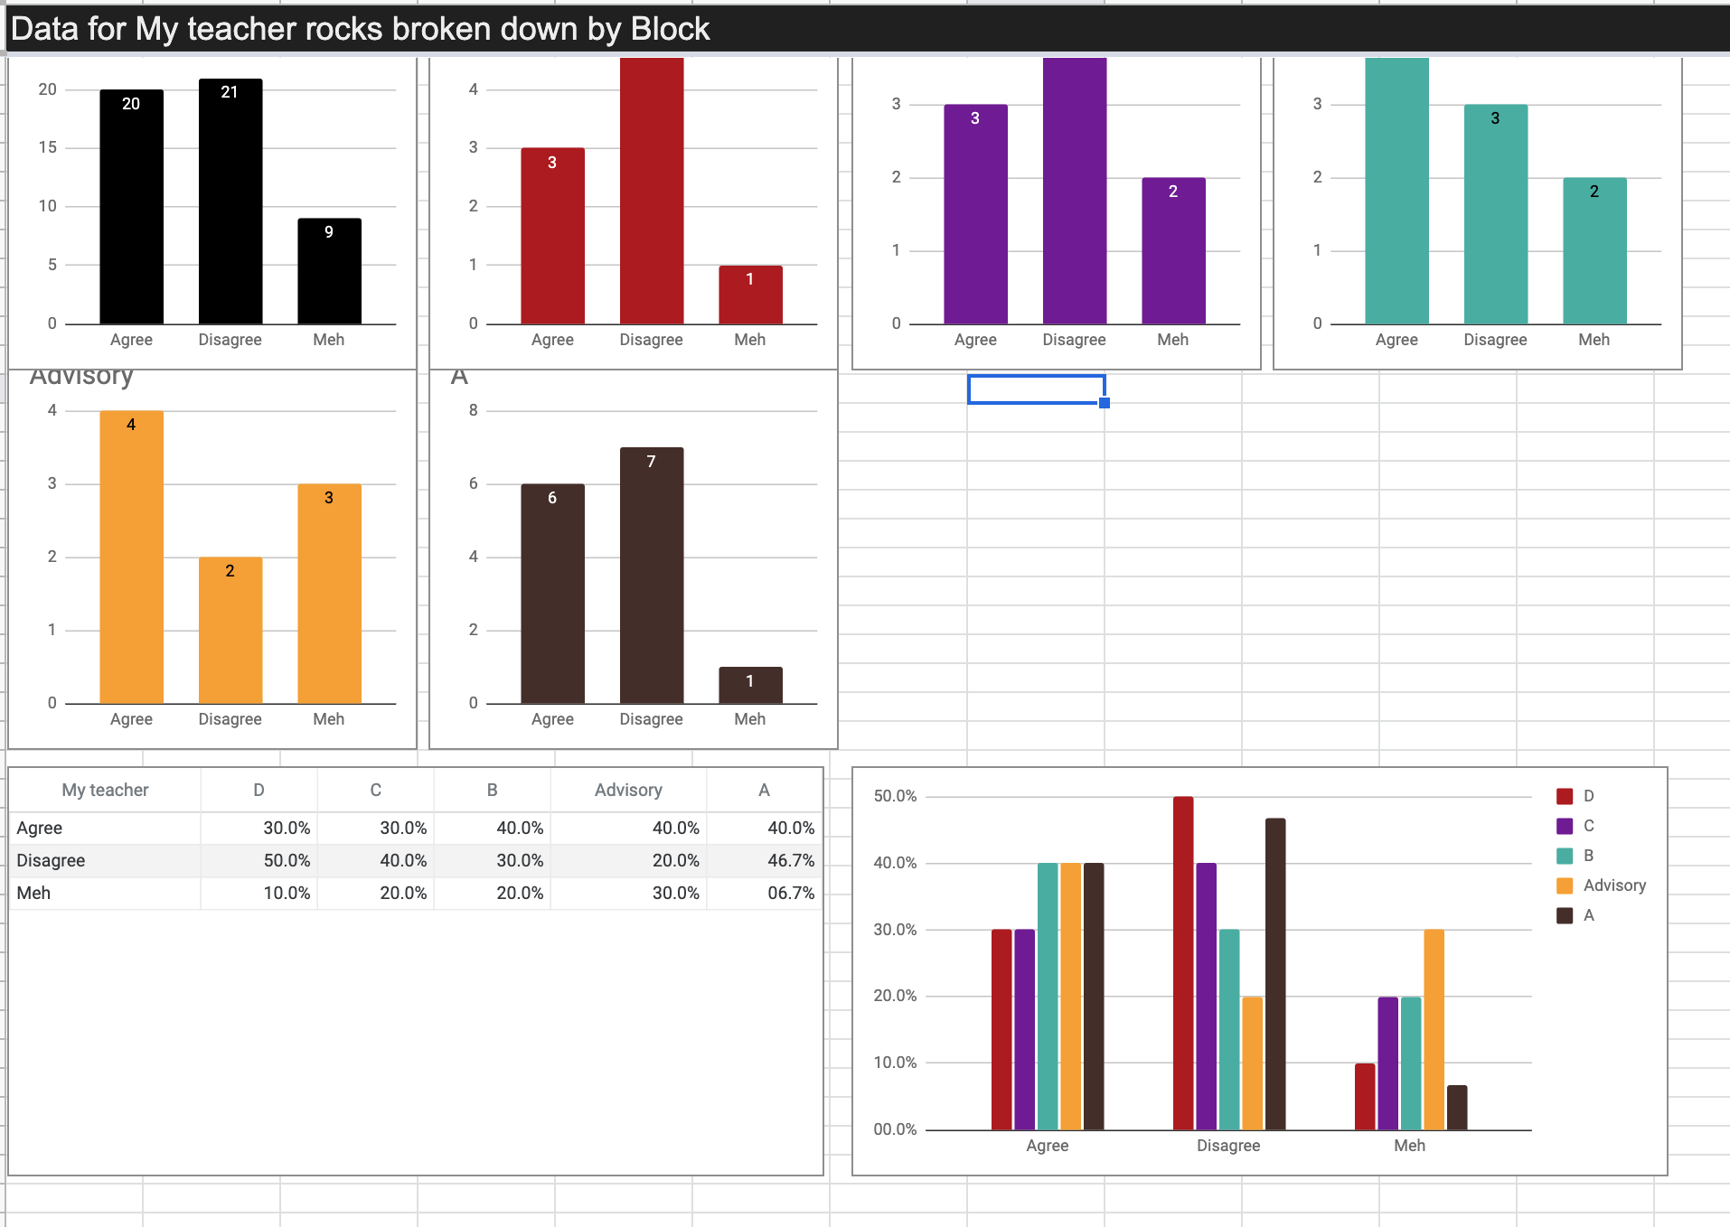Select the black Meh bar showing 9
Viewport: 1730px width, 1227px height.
(329, 270)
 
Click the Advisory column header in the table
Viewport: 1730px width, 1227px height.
(628, 790)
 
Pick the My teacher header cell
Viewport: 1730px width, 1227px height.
(105, 790)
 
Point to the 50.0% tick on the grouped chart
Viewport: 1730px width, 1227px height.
(895, 796)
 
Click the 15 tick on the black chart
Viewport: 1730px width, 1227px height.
(47, 147)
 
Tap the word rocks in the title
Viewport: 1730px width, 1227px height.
(343, 29)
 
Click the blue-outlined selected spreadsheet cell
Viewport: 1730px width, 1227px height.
(1036, 389)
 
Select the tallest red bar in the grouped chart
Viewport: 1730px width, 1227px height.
(1183, 962)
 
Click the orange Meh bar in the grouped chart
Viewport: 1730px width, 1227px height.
(1434, 1029)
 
